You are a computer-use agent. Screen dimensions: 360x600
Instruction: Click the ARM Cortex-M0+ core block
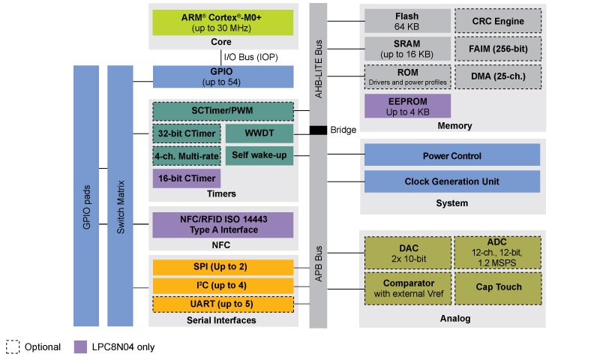[x=223, y=22]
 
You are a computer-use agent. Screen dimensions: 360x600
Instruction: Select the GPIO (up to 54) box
[x=223, y=76]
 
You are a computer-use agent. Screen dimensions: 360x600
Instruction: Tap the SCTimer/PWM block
[x=223, y=111]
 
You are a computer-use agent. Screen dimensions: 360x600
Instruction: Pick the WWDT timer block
[x=259, y=134]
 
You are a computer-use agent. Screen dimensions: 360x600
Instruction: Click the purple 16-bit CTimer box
[x=186, y=178]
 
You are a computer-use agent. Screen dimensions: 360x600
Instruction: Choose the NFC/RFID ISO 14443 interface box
[x=223, y=224]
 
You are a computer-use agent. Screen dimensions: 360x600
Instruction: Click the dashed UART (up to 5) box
[x=223, y=304]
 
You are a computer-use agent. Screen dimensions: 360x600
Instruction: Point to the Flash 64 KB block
[x=407, y=20]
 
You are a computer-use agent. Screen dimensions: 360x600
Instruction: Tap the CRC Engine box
[x=497, y=20]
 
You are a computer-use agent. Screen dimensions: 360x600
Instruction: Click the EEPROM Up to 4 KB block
[x=407, y=106]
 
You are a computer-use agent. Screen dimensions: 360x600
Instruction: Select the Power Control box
[x=451, y=155]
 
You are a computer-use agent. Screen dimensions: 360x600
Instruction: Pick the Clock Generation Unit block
[x=451, y=181]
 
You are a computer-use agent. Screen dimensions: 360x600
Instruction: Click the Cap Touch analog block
[x=497, y=286]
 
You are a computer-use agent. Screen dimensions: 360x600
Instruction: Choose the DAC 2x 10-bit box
[x=407, y=252]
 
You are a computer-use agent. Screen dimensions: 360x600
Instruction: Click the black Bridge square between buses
[x=319, y=130]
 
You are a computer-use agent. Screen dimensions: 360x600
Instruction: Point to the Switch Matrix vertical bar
[x=120, y=195]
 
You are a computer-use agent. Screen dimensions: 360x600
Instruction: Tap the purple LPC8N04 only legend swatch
[x=80, y=346]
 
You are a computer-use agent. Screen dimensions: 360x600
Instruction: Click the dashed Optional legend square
[x=13, y=346]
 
